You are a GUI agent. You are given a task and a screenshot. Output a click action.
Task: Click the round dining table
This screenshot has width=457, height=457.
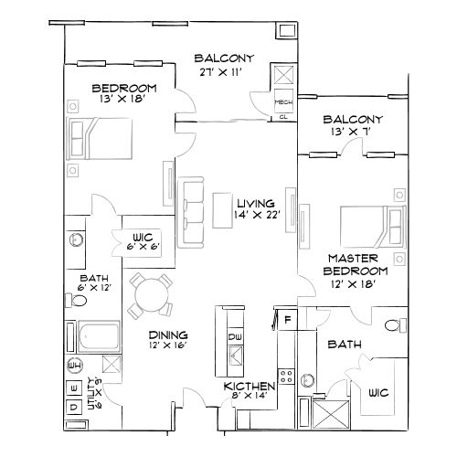(x=150, y=293)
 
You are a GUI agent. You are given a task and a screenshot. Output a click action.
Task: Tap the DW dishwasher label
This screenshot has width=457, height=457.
(x=234, y=338)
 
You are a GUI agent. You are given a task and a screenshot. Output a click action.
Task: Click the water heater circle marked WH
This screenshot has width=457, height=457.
(x=74, y=365)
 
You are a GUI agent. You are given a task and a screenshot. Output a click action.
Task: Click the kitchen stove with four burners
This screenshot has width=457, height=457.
(x=286, y=376)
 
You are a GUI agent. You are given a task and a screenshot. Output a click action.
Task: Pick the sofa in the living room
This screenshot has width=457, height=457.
(x=192, y=211)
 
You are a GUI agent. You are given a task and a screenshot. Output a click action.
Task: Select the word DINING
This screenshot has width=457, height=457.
(x=169, y=334)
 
